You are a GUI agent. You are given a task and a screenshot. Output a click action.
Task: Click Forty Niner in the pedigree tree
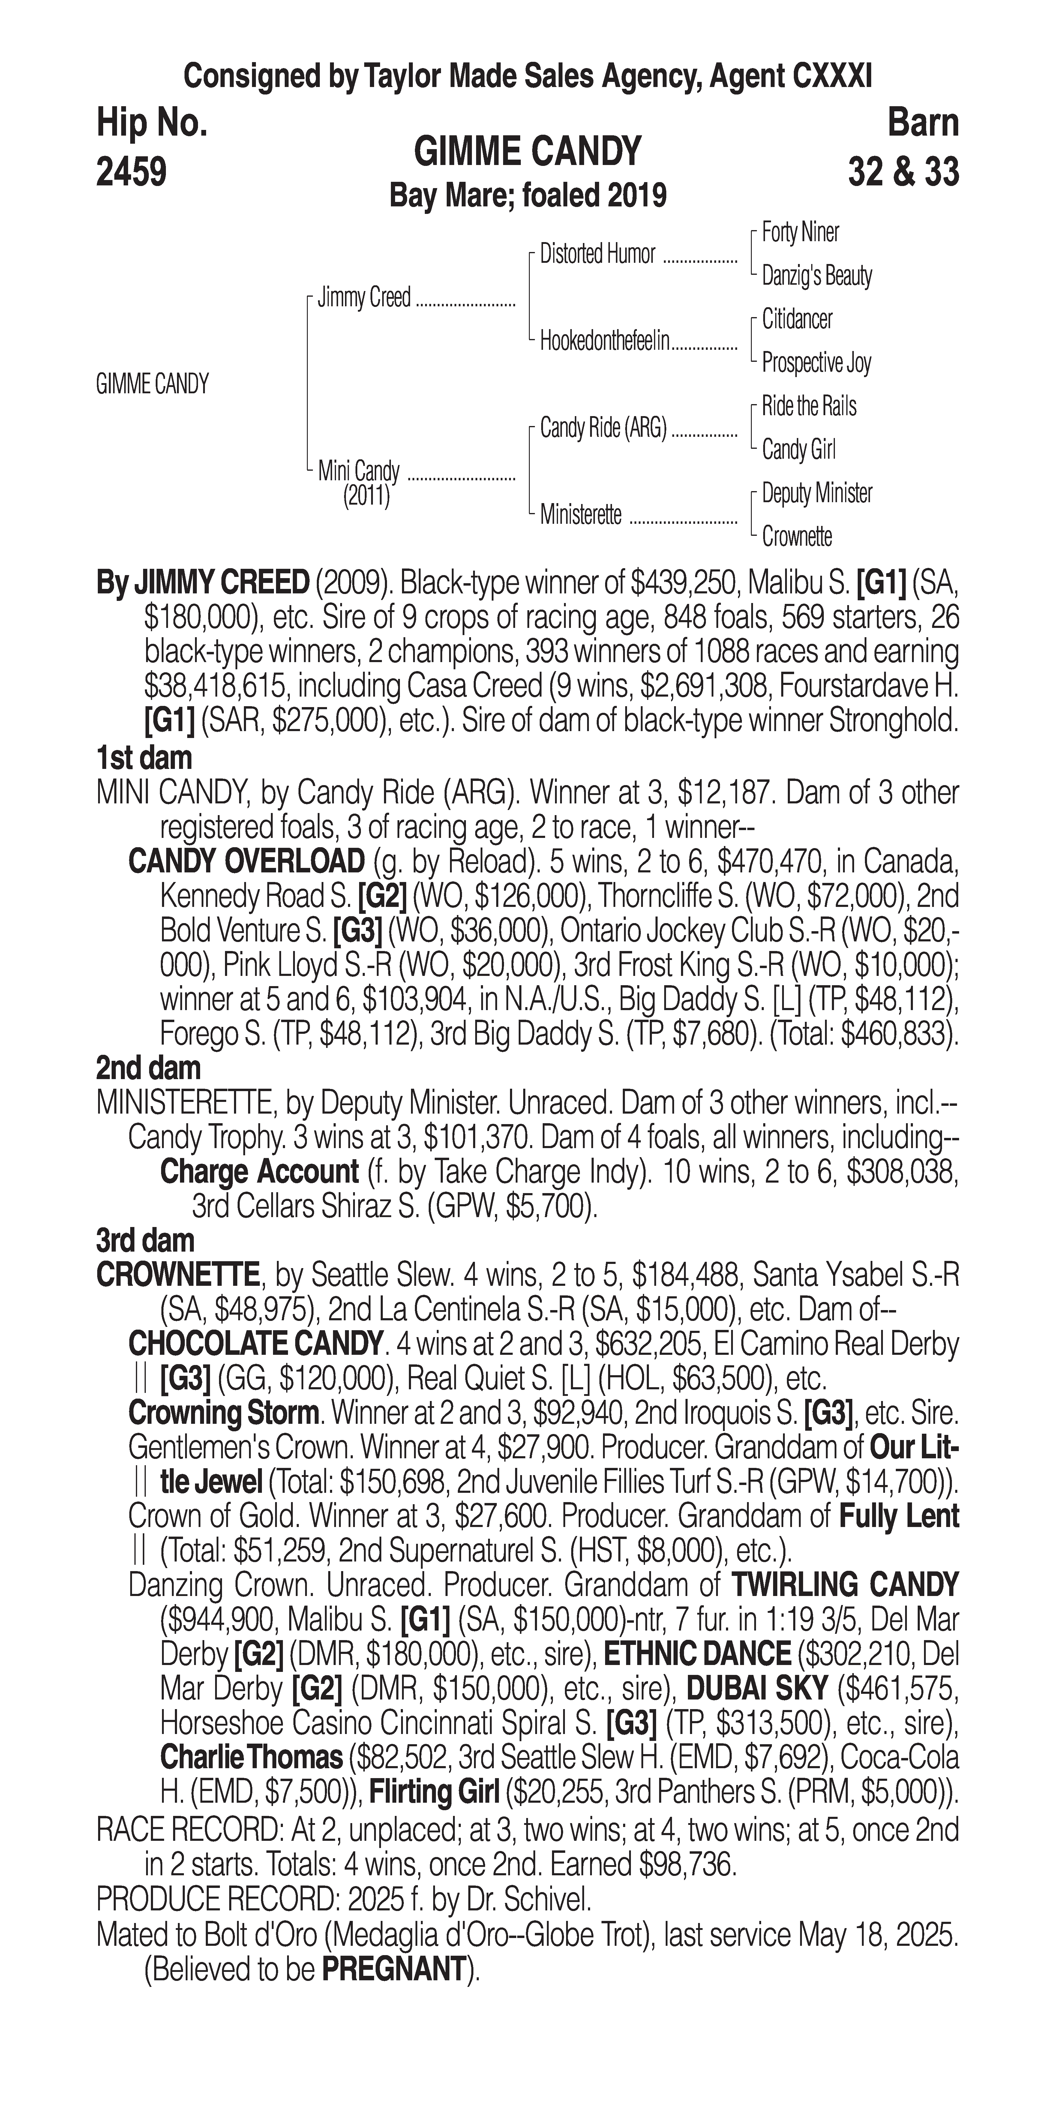pos(800,232)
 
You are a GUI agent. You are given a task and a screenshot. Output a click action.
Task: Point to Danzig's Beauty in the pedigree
pos(816,276)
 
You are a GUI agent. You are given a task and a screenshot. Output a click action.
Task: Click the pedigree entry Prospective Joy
pos(816,363)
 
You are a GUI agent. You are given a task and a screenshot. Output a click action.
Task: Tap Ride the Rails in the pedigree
pos(809,406)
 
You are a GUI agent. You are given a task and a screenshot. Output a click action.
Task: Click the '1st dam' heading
pos(144,757)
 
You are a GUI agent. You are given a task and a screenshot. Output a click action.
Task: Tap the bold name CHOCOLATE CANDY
pos(255,1344)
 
